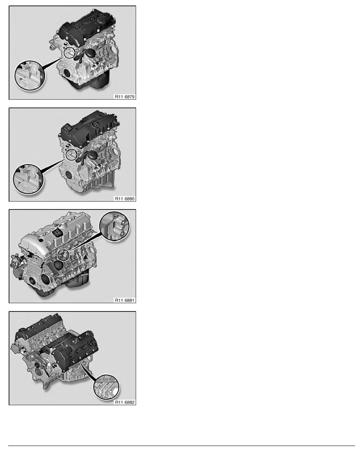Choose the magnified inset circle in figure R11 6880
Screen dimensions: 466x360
[29, 179]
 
